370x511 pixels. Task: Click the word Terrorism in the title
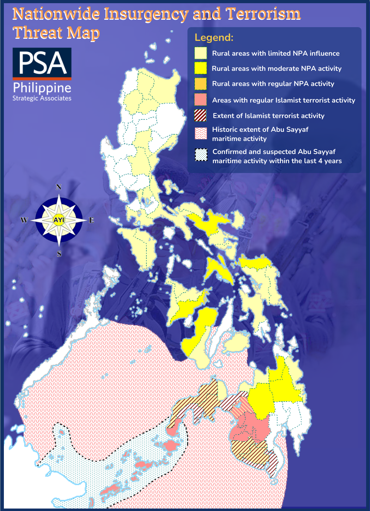tap(263, 14)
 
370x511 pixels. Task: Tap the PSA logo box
tap(42, 63)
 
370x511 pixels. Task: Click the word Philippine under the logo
tap(42, 88)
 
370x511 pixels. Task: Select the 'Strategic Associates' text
tap(42, 98)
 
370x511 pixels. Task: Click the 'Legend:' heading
tap(214, 38)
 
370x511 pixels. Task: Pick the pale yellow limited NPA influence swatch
tap(201, 53)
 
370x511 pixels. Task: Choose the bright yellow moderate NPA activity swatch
tap(201, 68)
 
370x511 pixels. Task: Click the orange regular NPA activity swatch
tap(201, 84)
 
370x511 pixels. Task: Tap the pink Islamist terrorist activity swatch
tap(201, 100)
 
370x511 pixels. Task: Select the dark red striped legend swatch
tap(201, 116)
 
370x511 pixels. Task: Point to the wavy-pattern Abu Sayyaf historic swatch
tap(201, 134)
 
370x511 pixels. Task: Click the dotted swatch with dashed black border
tap(201, 155)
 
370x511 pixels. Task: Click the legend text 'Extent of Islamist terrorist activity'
tap(269, 116)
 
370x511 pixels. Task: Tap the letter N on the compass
tap(59, 187)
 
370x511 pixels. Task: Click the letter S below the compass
tap(59, 254)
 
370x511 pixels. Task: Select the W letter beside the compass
tap(24, 220)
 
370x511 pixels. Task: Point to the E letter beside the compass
tap(91, 220)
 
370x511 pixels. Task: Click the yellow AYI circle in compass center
tap(59, 220)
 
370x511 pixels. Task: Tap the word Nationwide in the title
tap(56, 14)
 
